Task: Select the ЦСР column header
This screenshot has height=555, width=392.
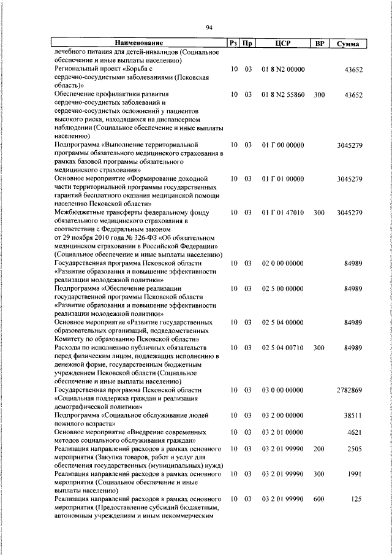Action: (282, 43)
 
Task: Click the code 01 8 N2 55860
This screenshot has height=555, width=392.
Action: (282, 95)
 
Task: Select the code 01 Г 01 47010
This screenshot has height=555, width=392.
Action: (282, 212)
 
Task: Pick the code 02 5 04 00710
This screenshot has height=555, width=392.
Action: (282, 347)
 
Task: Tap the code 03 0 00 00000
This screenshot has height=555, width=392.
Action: (282, 389)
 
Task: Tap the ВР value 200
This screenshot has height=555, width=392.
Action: (318, 449)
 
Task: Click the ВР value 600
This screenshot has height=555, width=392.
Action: (318, 499)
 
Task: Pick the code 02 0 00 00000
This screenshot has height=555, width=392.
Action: (282, 262)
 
